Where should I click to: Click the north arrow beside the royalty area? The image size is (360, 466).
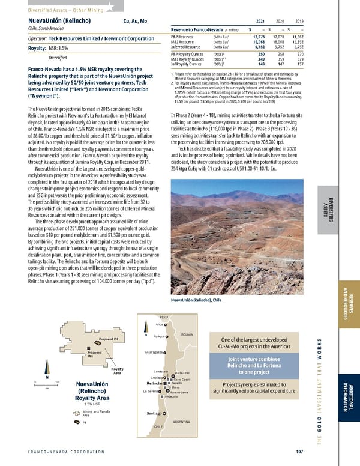pos(46,371)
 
